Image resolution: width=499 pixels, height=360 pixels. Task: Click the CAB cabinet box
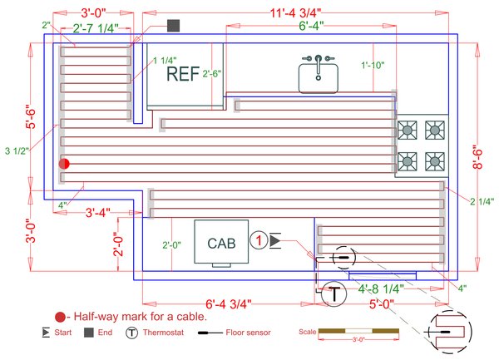[x=221, y=242]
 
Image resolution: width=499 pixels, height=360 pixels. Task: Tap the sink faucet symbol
[x=319, y=63]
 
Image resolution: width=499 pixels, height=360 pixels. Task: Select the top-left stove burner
[x=408, y=129]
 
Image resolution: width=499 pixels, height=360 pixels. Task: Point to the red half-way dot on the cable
[x=63, y=165]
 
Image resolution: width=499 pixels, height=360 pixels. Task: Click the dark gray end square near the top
[x=173, y=26]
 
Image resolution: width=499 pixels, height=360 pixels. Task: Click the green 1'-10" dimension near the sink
[x=371, y=65]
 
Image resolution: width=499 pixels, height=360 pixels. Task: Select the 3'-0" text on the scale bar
[x=359, y=340]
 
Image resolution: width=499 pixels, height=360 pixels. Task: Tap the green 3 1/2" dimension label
[x=17, y=150]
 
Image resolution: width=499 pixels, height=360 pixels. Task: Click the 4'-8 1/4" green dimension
[x=380, y=288]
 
